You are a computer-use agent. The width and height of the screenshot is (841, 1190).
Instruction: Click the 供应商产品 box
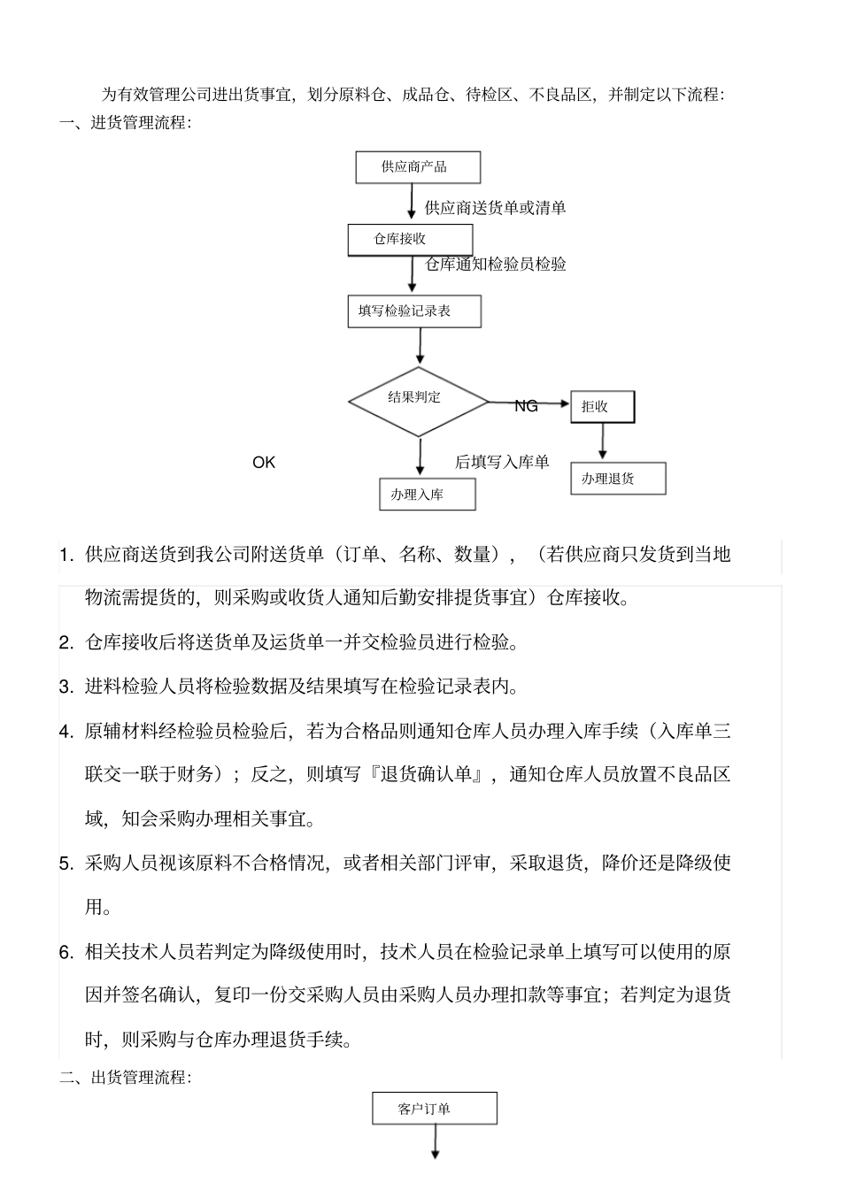pyautogui.click(x=417, y=167)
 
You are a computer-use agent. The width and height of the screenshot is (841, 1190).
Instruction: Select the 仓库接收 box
pyautogui.click(x=410, y=240)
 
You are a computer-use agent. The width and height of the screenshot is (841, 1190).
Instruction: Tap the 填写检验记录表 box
pyautogui.click(x=414, y=311)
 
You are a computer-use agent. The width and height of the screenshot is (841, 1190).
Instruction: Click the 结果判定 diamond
pyautogui.click(x=418, y=402)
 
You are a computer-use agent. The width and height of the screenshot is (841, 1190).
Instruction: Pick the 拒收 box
pyautogui.click(x=602, y=407)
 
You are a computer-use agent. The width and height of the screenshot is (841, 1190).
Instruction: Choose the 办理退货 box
pyautogui.click(x=617, y=479)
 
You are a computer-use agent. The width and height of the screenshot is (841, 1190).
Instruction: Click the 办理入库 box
pyautogui.click(x=428, y=495)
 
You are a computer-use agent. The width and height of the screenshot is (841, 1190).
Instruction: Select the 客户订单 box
pyautogui.click(x=434, y=1109)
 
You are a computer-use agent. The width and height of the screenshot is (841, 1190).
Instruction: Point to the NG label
pyautogui.click(x=526, y=406)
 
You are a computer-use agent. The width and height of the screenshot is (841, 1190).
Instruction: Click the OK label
pyautogui.click(x=264, y=463)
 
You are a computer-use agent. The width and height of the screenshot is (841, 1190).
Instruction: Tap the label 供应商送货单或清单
pyautogui.click(x=496, y=208)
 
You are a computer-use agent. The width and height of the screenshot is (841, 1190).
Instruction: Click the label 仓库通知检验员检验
pyautogui.click(x=496, y=264)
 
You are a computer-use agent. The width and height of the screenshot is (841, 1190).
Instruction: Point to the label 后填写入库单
pyautogui.click(x=502, y=462)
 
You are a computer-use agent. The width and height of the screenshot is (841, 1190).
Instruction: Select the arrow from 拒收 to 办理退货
pyautogui.click(x=603, y=441)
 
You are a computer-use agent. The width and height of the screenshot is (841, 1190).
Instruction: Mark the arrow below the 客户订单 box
pyautogui.click(x=435, y=1142)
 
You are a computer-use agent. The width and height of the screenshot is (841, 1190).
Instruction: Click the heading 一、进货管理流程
pyautogui.click(x=125, y=123)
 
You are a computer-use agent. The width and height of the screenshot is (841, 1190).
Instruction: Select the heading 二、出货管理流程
pyautogui.click(x=125, y=1078)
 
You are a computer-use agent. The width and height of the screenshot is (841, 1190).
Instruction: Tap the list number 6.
pyautogui.click(x=66, y=953)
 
